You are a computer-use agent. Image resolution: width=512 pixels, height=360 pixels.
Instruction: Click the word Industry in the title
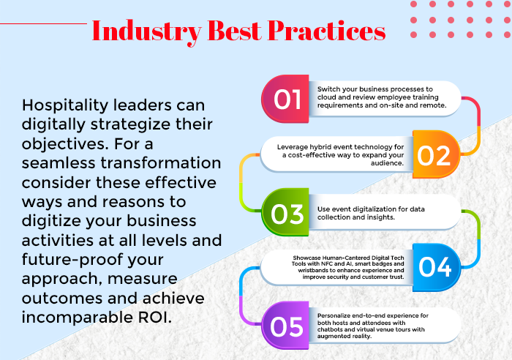[x=146, y=31]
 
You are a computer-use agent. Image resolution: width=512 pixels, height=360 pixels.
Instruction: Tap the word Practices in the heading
[x=326, y=31]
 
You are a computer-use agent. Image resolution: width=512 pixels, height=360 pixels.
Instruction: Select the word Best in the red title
[x=235, y=31]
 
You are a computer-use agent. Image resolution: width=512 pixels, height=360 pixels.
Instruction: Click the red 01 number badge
[x=285, y=99]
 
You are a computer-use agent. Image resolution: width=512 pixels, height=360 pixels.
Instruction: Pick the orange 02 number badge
[x=437, y=154]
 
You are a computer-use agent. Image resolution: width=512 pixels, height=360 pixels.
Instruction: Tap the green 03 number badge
[x=285, y=212]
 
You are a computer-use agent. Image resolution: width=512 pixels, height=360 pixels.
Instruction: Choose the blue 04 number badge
[x=437, y=268]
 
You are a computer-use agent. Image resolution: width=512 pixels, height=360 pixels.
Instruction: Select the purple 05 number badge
[x=285, y=326]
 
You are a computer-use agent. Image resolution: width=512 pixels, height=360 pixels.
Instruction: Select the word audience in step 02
[x=387, y=162]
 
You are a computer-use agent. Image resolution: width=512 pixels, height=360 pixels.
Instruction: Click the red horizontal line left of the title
[x=43, y=23]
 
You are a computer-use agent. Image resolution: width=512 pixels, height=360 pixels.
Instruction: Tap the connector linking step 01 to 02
[x=478, y=125]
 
